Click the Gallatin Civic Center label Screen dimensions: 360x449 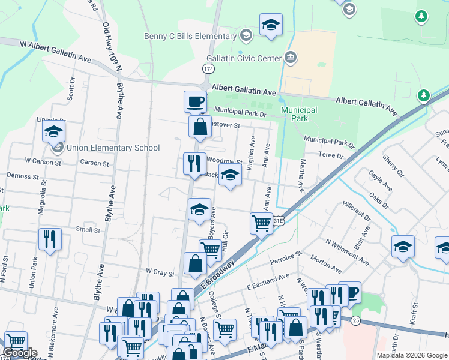(x=244, y=58)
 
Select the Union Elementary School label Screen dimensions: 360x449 (x=113, y=148)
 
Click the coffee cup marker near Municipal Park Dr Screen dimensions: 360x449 (x=194, y=101)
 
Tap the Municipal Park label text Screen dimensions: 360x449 (x=299, y=114)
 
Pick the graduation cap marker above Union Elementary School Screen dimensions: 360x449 (x=53, y=131)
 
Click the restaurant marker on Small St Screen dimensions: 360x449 (x=50, y=239)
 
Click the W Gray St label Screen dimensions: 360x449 (x=160, y=272)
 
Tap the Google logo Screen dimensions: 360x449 (x=20, y=353)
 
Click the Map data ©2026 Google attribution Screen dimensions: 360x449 (x=411, y=355)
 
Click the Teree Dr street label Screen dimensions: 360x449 (x=331, y=155)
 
